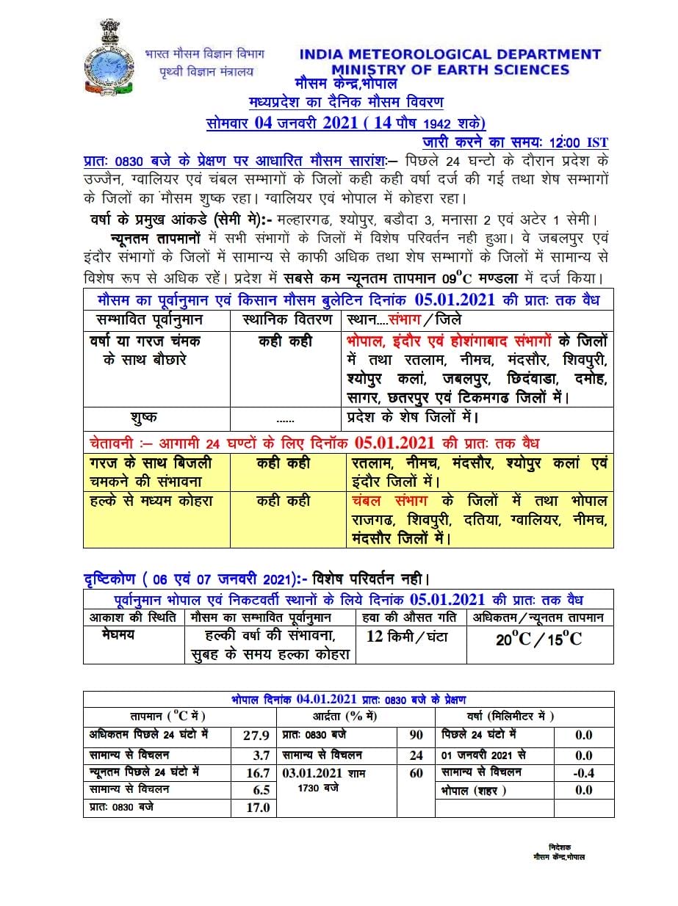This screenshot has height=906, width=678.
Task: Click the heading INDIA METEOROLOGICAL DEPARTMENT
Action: [450, 54]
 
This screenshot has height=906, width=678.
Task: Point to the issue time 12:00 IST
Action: [578, 142]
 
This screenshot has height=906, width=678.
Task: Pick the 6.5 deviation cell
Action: [261, 790]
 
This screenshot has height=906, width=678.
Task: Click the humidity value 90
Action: [416, 735]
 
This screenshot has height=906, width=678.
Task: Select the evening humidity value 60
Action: [416, 773]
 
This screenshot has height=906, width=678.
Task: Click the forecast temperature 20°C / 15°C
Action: [538, 639]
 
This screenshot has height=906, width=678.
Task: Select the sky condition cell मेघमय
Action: [118, 635]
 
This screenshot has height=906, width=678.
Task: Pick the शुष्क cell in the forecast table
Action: [143, 417]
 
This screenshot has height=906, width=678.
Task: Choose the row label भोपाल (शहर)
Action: [474, 791]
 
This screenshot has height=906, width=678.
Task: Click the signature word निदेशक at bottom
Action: [559, 847]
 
